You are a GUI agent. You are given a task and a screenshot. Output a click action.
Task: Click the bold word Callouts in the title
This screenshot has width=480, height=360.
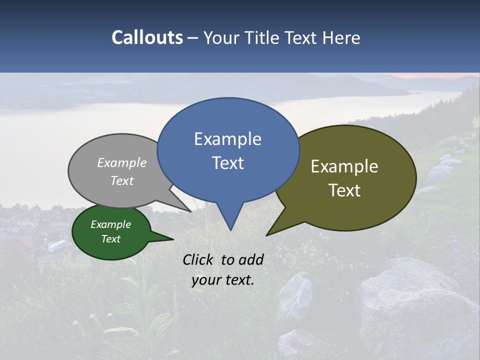point(147,37)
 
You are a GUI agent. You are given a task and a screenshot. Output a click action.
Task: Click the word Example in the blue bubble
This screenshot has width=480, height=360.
point(227,139)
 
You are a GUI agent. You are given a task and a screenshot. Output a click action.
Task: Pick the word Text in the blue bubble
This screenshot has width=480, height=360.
point(227,163)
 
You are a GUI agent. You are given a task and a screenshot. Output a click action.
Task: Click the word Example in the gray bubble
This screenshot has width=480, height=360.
point(122,162)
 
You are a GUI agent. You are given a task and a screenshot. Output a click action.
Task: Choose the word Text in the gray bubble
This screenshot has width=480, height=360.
point(122,180)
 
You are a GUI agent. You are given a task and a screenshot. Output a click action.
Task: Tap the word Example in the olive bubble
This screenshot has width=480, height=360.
point(344,166)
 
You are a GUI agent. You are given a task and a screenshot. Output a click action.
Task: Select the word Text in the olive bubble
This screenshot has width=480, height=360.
point(344,190)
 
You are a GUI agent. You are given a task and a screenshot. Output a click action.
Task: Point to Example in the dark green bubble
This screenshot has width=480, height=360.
point(110,224)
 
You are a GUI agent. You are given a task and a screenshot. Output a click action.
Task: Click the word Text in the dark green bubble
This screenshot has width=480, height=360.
point(110,239)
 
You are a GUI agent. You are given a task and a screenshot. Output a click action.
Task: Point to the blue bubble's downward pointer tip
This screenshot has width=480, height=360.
point(230,229)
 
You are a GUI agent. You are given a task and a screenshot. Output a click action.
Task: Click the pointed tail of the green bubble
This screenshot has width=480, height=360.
point(172,239)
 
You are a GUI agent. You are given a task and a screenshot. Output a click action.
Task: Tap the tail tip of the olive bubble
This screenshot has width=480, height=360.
point(267,235)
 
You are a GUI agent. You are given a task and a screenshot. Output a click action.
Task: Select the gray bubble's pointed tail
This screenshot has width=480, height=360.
point(190,211)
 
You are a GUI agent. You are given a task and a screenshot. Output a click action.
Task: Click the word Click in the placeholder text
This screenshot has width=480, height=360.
point(199,259)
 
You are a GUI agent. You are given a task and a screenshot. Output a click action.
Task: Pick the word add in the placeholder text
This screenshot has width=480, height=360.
point(251,259)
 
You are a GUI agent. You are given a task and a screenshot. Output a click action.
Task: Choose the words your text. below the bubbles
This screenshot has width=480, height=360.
point(222,280)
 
